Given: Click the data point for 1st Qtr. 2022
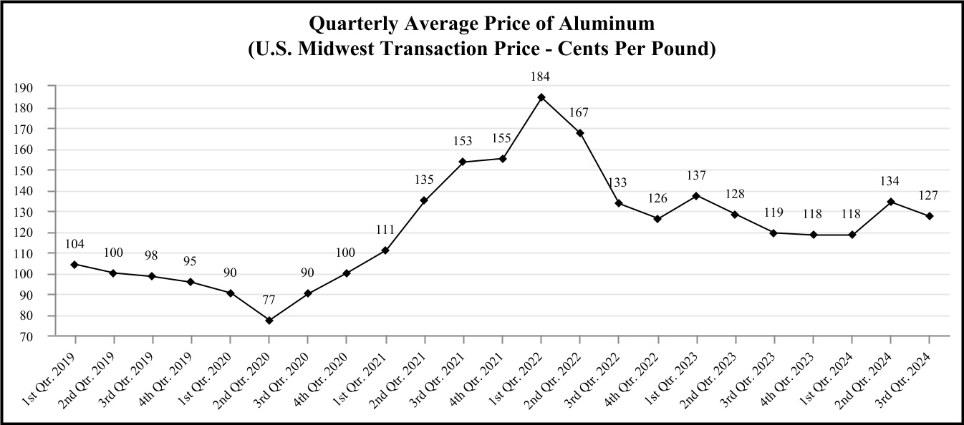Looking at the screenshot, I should point(541,97).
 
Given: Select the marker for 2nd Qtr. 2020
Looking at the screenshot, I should point(269,320).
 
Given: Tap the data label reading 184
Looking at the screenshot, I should point(541,77).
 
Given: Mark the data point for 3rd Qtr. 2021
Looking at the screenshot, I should point(463,162).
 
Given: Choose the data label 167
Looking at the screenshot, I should point(579,112).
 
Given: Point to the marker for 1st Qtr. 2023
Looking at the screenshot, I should point(696,195).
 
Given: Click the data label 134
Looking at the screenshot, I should point(890,181).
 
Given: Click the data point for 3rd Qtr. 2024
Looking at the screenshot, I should point(930,215).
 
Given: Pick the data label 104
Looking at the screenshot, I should point(74,244).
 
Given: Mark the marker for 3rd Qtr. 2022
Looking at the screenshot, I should point(618,203).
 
